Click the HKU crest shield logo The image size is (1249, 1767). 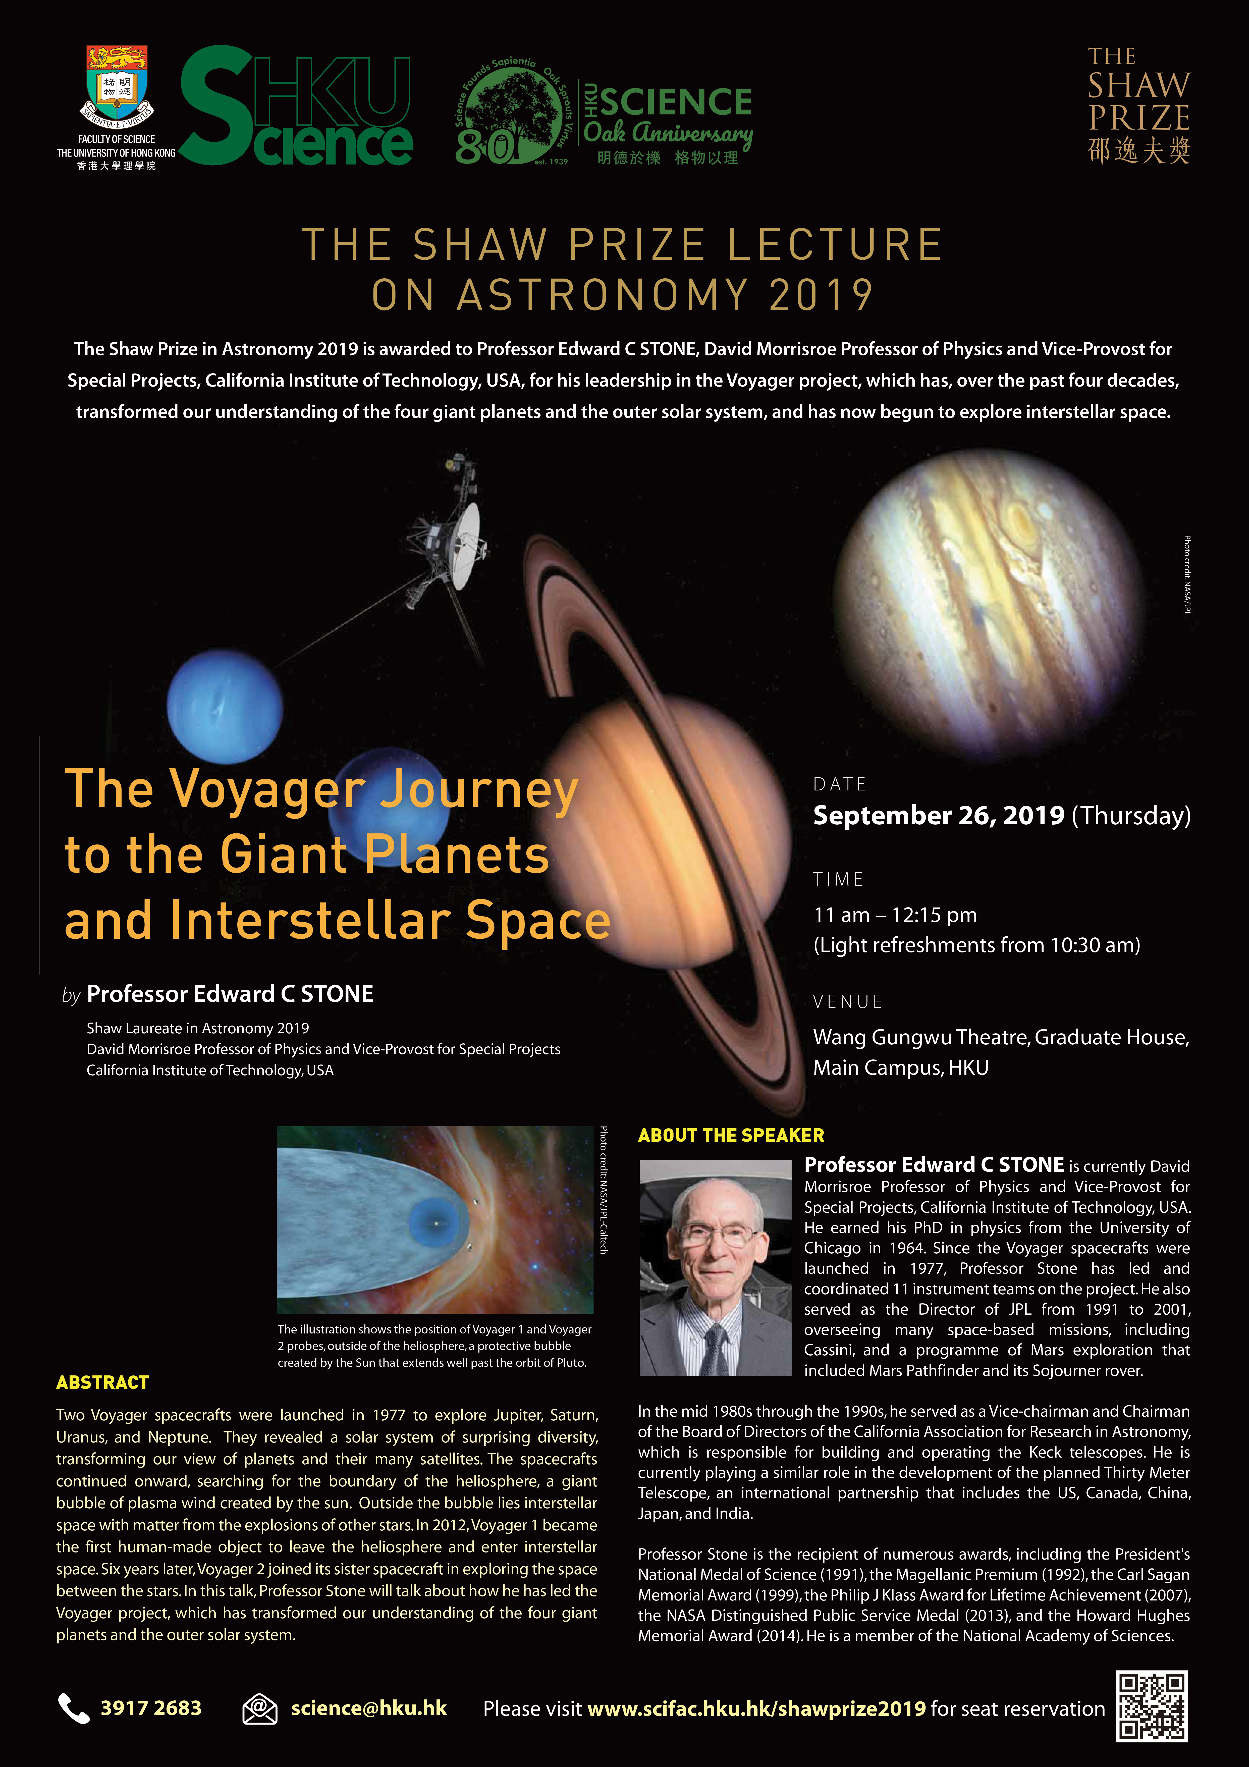117,87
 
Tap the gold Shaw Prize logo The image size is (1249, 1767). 1139,105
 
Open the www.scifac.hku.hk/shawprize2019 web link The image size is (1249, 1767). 756,1708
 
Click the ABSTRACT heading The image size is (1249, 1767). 102,1382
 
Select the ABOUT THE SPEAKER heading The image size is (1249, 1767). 731,1135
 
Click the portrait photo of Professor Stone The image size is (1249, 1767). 715,1267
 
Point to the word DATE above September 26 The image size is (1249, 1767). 840,784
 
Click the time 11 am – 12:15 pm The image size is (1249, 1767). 895,915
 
